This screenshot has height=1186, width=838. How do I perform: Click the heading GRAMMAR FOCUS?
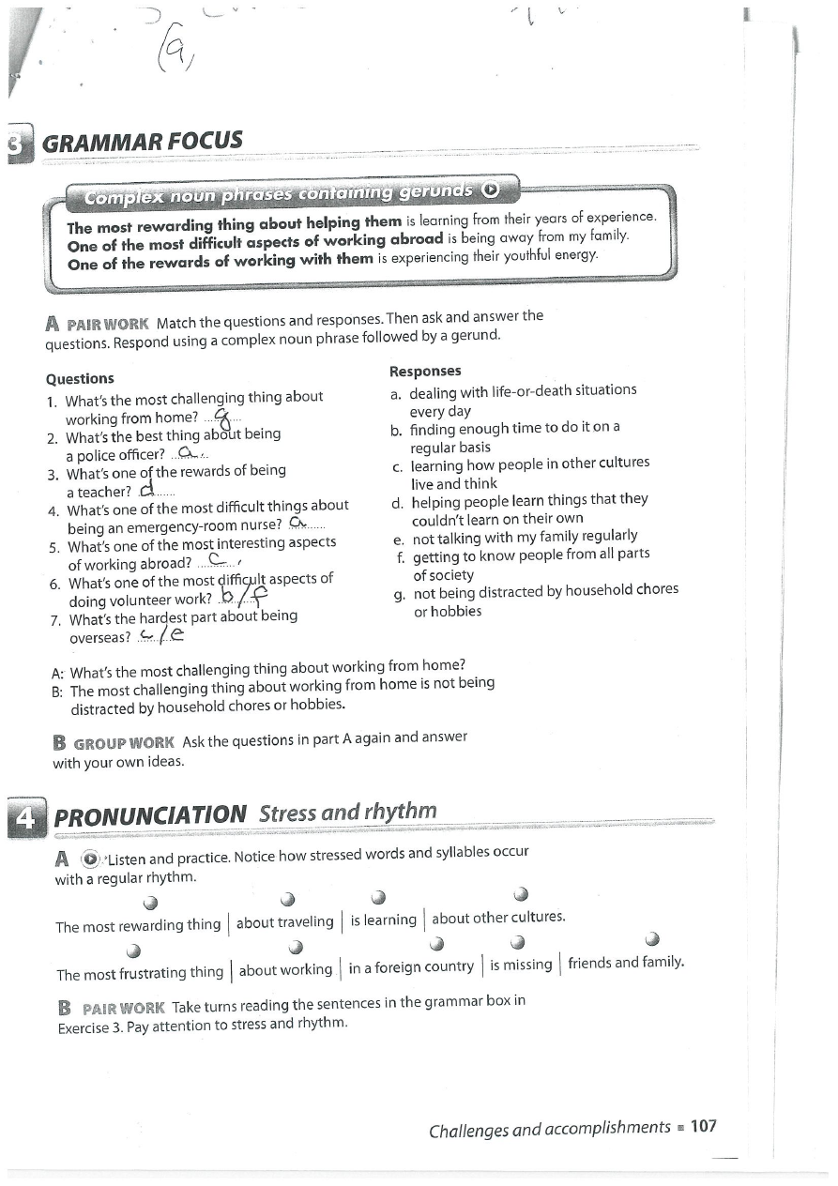pos(143,143)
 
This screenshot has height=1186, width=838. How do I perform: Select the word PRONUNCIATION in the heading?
pos(150,815)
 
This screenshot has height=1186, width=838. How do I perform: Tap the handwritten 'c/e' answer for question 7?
pos(160,636)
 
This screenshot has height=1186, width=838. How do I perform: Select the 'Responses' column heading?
pos(425,371)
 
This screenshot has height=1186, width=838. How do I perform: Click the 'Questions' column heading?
pos(80,378)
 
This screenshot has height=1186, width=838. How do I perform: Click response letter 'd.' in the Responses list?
pos(398,501)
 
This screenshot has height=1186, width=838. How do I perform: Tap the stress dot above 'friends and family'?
pos(653,939)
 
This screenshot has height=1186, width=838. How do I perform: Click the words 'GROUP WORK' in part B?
pos(124,743)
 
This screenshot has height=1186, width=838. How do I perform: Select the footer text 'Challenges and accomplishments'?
pos(549,1129)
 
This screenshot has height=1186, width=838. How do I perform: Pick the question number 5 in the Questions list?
pos(54,547)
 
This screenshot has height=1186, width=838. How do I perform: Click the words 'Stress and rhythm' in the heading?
pos(347,812)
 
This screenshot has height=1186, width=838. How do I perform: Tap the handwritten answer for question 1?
pos(221,417)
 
